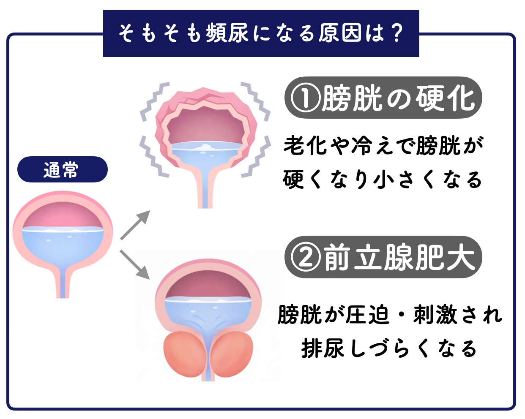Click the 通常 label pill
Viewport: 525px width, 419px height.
pyautogui.click(x=62, y=170)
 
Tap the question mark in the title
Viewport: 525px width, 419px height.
pyautogui.click(x=396, y=33)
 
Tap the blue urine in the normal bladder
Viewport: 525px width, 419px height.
pyautogui.click(x=63, y=249)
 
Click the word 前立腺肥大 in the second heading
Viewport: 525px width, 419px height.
pyautogui.click(x=399, y=258)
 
